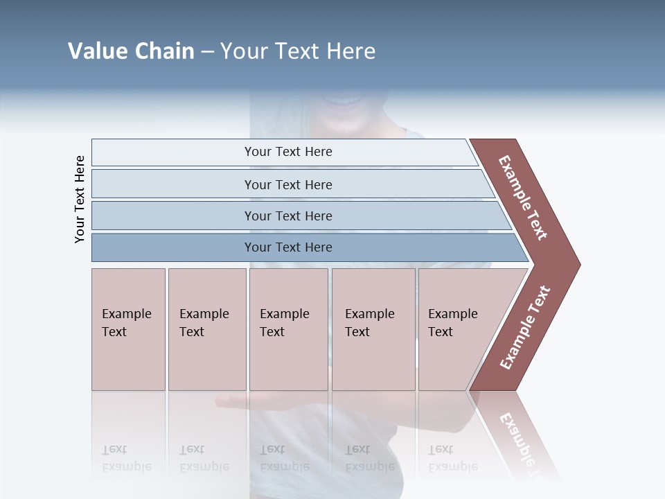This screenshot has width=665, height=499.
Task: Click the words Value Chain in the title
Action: (x=131, y=51)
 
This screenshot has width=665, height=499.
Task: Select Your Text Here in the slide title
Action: (x=298, y=51)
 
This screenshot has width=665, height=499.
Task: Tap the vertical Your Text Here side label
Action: (x=80, y=199)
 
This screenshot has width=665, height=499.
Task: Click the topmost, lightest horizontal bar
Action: (x=288, y=152)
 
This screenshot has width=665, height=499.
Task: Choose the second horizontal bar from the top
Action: (x=288, y=184)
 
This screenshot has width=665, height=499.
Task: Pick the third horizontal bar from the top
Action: (x=288, y=216)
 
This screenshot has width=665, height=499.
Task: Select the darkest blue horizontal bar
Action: (x=288, y=247)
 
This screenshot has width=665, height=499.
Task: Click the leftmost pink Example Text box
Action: (x=128, y=329)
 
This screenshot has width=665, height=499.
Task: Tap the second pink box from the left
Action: (x=206, y=329)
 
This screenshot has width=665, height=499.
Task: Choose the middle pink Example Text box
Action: (x=288, y=329)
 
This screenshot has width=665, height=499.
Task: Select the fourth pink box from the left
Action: (x=373, y=329)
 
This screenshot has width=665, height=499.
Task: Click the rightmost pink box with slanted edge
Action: (x=457, y=329)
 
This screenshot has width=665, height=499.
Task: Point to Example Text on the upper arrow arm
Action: (x=523, y=198)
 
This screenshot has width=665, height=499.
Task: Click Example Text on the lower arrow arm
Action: (x=525, y=328)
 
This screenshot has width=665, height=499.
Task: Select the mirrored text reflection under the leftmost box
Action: (x=127, y=458)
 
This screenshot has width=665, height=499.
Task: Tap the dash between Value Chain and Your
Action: (x=207, y=52)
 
